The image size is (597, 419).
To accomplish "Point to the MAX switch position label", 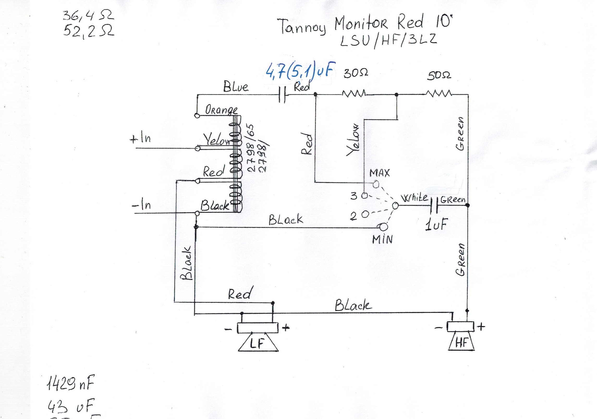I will (x=380, y=173).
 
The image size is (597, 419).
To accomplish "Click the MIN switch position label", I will (x=382, y=240).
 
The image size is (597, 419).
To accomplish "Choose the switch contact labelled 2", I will (x=365, y=214).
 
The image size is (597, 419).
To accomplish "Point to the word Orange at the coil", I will (x=221, y=110).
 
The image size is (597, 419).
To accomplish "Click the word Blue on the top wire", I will (x=236, y=87).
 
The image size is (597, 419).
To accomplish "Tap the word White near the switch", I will (x=414, y=198).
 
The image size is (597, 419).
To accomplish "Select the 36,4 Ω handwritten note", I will (x=88, y=16).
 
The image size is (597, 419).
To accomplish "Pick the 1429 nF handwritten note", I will (x=70, y=383).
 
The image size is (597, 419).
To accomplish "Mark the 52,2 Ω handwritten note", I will (x=89, y=31).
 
